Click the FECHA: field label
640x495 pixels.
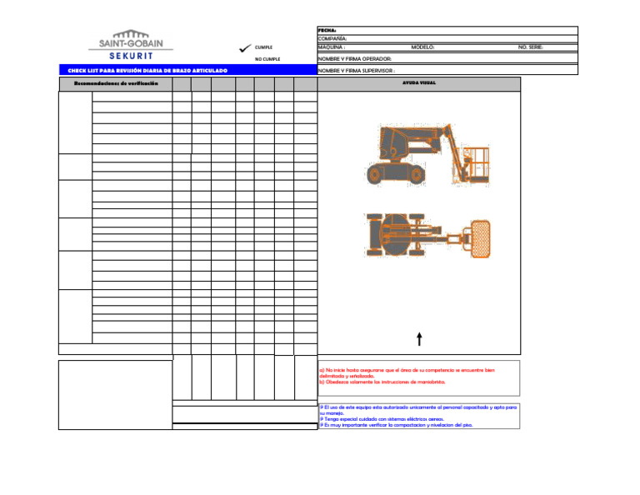(x=326, y=30)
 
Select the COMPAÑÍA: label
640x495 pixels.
(x=332, y=38)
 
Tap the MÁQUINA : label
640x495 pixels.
(x=332, y=47)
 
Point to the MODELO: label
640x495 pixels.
(x=422, y=47)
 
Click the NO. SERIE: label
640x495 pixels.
(x=531, y=47)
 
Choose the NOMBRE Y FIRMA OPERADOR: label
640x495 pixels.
(x=355, y=59)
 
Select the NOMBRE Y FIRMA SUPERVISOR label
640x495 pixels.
(x=357, y=71)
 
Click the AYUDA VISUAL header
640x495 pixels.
(x=418, y=84)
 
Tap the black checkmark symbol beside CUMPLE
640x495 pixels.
(x=245, y=47)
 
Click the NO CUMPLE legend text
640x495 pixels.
(x=267, y=59)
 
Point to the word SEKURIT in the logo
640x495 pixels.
(x=131, y=56)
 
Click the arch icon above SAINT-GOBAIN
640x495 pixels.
(x=131, y=34)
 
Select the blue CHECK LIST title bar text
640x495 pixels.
(x=147, y=71)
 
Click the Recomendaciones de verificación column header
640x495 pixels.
(x=116, y=84)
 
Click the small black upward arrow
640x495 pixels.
(x=418, y=337)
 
